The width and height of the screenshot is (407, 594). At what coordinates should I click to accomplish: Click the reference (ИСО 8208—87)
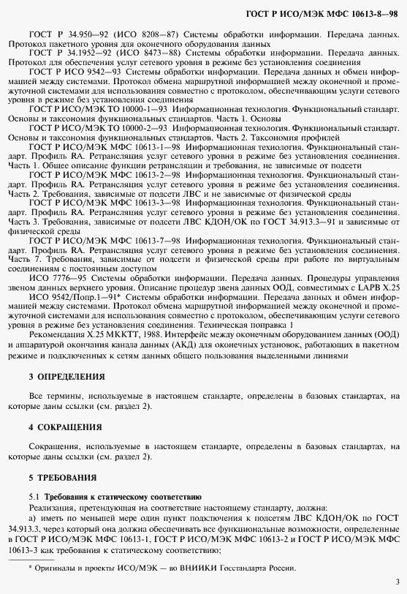click(x=146, y=34)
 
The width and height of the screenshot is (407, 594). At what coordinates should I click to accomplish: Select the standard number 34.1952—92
click(x=80, y=53)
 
